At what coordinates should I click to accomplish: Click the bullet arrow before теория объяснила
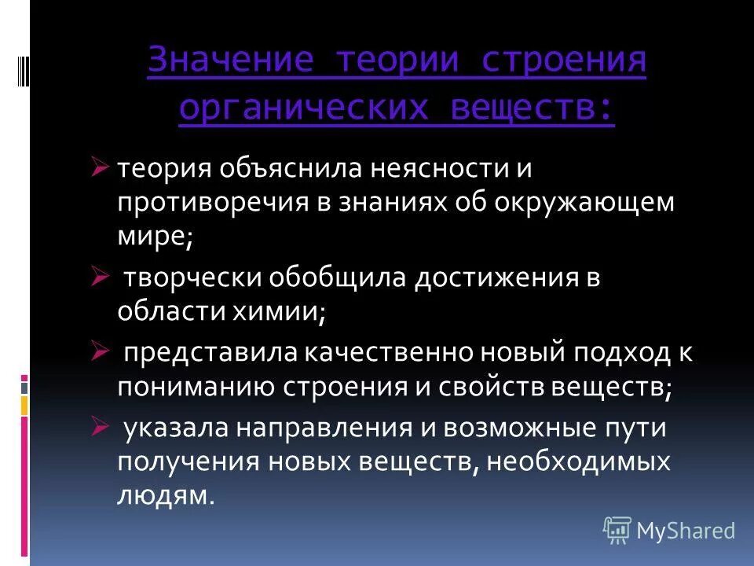tap(100, 167)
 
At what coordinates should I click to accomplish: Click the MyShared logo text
tap(685, 531)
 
